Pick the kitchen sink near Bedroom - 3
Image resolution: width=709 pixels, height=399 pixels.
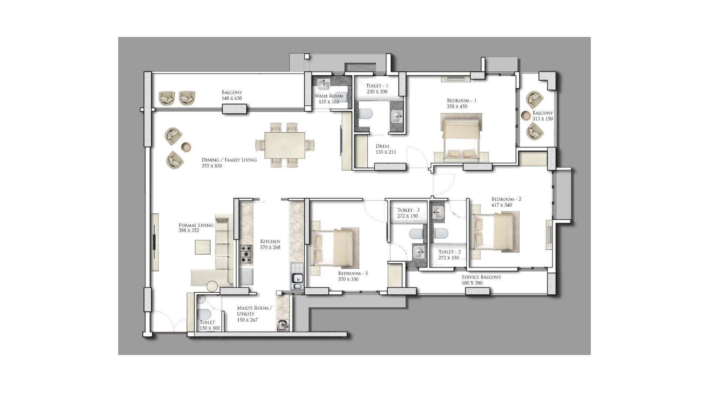(x=297, y=281)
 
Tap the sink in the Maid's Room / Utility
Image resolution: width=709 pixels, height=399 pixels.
(x=283, y=325)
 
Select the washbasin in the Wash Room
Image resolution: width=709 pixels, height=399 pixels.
(x=324, y=85)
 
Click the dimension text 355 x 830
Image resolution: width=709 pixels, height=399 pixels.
(x=212, y=166)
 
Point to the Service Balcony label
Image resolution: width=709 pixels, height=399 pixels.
(x=482, y=277)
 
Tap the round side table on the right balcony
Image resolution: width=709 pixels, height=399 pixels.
(x=526, y=115)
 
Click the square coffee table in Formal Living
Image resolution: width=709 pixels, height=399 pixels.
(x=203, y=247)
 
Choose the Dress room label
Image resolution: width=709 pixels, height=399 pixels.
(x=383, y=146)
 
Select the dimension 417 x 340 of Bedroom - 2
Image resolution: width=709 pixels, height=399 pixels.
(x=501, y=205)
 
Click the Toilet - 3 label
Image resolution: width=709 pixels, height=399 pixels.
(x=408, y=210)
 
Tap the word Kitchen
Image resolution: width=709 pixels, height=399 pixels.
(x=270, y=242)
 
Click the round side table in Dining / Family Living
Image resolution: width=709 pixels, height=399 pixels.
(x=187, y=147)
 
